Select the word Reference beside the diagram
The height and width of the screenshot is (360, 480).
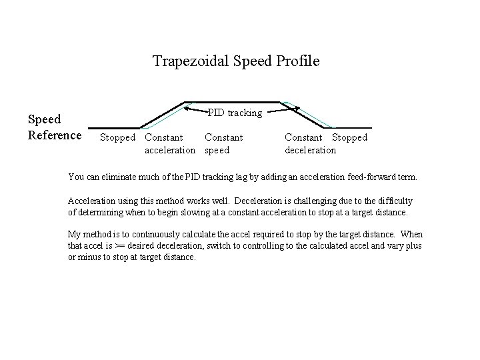[x=55, y=135]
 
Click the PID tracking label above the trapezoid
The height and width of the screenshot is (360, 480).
[x=235, y=113]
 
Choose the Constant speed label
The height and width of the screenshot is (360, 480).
[x=223, y=144]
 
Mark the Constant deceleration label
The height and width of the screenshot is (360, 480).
[x=310, y=144]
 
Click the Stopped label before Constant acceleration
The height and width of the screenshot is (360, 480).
[x=118, y=138]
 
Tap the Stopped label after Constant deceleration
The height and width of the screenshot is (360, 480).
[x=349, y=138]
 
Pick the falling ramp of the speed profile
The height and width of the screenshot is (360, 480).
[x=308, y=115]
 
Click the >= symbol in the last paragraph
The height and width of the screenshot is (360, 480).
[x=120, y=246]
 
